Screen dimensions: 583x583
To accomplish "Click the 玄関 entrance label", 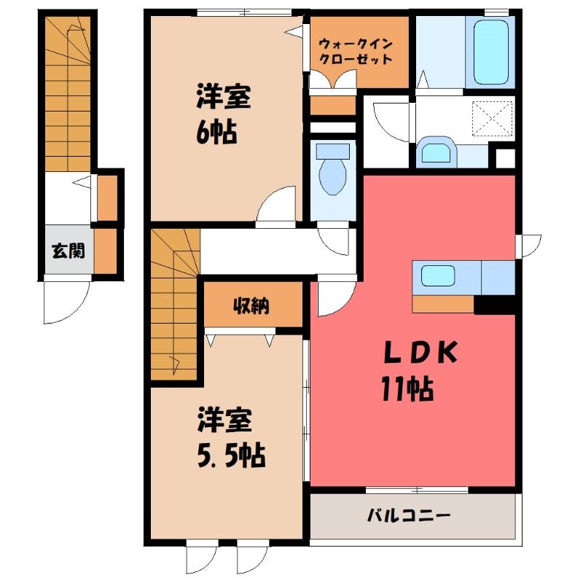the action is (x=69, y=251).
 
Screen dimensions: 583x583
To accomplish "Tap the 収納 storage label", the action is (x=251, y=306).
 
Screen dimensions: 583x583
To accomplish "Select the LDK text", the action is (x=420, y=353).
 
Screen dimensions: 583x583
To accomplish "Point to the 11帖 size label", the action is (x=407, y=389).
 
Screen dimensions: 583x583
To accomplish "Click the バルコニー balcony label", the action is (x=409, y=516).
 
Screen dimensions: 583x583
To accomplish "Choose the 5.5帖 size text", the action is (x=231, y=456).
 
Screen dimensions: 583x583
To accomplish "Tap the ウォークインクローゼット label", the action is (x=356, y=52).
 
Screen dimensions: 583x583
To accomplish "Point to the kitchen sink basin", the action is (x=438, y=275).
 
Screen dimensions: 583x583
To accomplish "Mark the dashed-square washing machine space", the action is (x=492, y=119).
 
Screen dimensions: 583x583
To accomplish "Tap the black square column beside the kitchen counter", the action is (x=494, y=305).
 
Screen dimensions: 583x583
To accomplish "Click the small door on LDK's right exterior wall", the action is (x=529, y=246).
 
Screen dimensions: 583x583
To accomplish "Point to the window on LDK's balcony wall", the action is (x=417, y=490).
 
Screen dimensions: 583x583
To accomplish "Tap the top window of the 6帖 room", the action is (x=244, y=12).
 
